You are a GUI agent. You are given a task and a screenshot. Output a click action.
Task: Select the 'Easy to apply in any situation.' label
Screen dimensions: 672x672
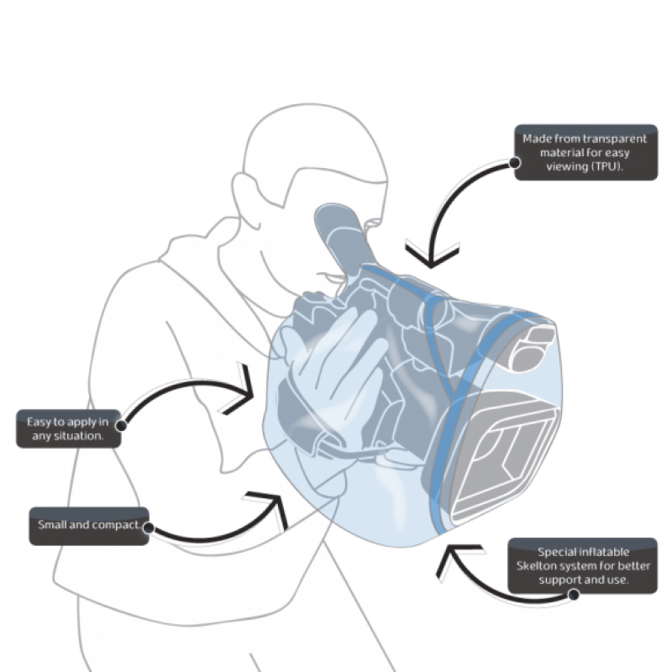coord(69,428)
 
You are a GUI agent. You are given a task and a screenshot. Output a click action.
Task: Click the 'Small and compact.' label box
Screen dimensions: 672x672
coord(89,527)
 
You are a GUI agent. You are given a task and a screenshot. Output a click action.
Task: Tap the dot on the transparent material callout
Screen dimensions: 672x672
coord(515,163)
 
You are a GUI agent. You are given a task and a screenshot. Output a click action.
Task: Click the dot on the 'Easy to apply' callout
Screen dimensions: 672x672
coord(121,426)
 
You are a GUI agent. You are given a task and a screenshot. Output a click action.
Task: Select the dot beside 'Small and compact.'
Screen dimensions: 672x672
coord(149,528)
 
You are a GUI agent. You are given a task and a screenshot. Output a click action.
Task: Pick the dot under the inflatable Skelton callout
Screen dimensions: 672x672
coord(574,595)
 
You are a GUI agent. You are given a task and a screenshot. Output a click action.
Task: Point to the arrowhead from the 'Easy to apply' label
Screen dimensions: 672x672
coord(244,392)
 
